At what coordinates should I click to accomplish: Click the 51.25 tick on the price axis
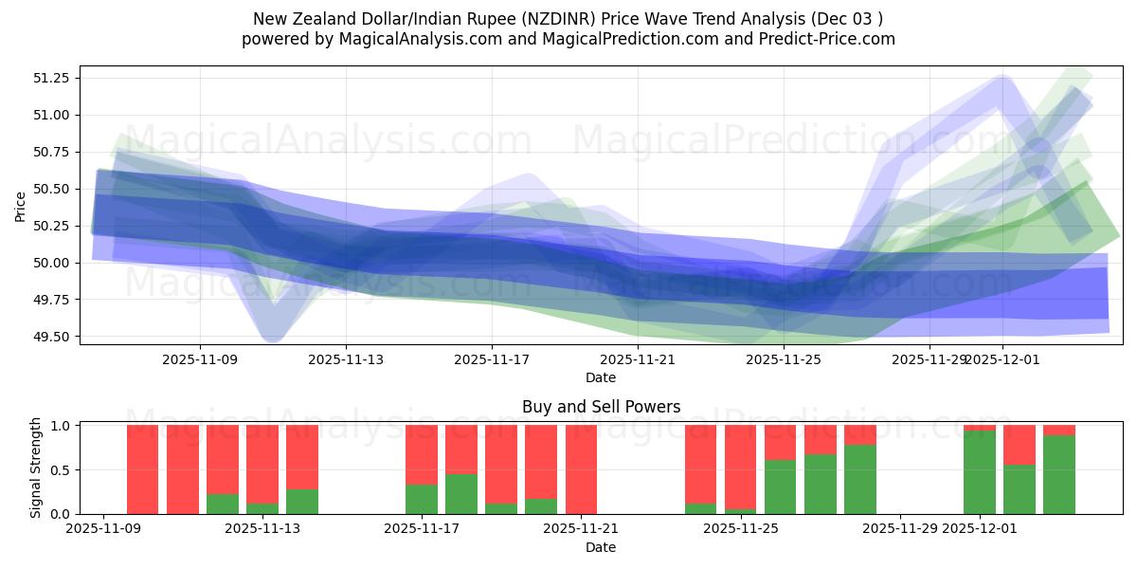[52, 78]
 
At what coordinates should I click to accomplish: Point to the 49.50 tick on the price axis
[52, 337]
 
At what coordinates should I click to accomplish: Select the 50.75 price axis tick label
[52, 152]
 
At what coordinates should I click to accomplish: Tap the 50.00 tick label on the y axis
[52, 263]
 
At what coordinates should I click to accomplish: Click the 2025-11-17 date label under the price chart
[491, 359]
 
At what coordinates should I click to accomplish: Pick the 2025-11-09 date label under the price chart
[200, 359]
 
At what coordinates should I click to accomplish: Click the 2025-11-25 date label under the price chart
[783, 359]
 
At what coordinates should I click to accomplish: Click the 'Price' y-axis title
[21, 206]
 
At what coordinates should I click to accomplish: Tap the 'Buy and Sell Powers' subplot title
[601, 407]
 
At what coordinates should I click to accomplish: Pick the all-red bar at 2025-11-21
[581, 469]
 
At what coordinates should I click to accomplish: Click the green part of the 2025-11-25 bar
[781, 486]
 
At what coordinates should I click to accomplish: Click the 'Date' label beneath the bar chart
[601, 547]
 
